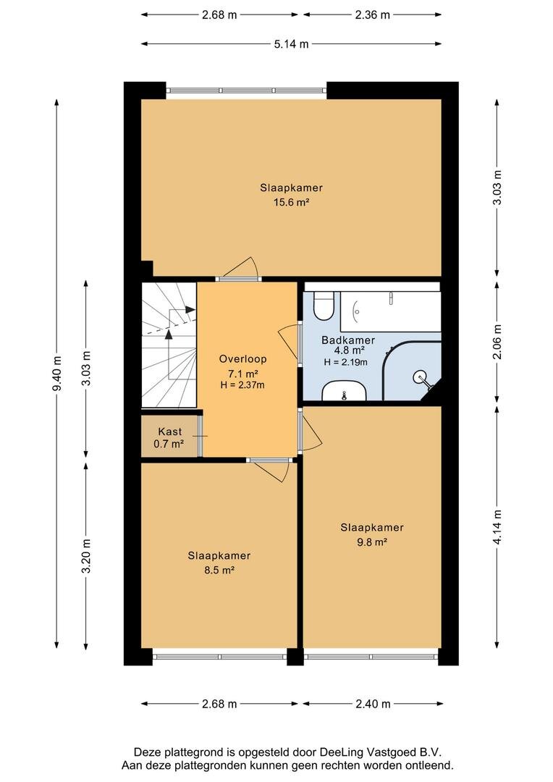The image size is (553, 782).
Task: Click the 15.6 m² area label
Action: point(291,202)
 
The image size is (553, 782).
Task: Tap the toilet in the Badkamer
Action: point(324,306)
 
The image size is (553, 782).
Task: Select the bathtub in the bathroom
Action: point(390,311)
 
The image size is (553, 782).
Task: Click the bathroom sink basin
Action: point(344,391)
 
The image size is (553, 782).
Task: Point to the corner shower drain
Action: point(420,376)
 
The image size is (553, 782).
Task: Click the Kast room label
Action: point(170,432)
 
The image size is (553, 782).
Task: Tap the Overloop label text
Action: point(242,359)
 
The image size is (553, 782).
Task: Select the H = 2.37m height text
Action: point(242,385)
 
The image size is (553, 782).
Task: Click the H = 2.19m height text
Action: point(345,362)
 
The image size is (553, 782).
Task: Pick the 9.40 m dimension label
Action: point(57,374)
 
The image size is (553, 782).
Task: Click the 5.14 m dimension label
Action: point(291,44)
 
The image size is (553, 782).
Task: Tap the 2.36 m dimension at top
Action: point(373,15)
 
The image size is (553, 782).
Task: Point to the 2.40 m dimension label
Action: point(373,704)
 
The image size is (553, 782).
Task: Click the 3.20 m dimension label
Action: point(85,556)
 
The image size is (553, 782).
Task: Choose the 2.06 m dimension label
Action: point(497,342)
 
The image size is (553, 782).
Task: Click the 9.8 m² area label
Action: point(372,542)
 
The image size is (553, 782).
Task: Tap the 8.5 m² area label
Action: point(219,570)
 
